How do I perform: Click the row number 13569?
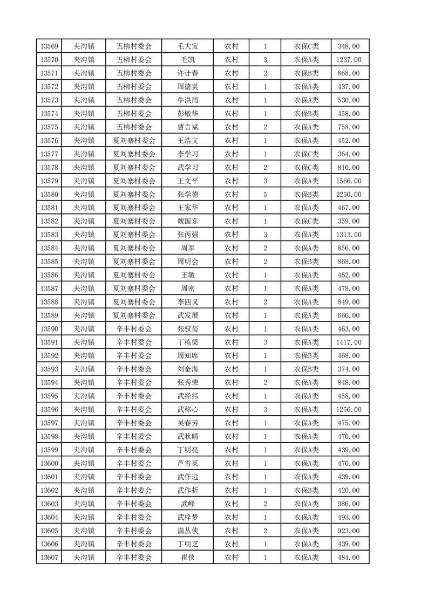[x=49, y=46]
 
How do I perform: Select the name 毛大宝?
[x=187, y=46]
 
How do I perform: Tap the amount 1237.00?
[x=348, y=59]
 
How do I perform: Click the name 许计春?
[x=187, y=73]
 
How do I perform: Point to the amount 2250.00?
[x=348, y=194]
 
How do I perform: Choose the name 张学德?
[x=187, y=194]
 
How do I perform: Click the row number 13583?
[x=49, y=235]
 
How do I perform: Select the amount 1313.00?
[x=348, y=235]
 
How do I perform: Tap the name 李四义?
[x=187, y=302]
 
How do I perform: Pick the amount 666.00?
[x=348, y=315]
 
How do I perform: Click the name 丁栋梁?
[x=187, y=342]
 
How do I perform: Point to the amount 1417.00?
[x=348, y=342]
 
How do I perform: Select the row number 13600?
[x=49, y=463]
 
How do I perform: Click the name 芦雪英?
[x=187, y=463]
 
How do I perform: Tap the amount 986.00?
[x=348, y=504]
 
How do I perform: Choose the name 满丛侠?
[x=187, y=531]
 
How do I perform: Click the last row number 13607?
[x=49, y=558]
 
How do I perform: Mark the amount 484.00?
[x=348, y=558]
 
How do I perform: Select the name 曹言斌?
[x=187, y=127]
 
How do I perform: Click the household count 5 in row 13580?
[x=265, y=194]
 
